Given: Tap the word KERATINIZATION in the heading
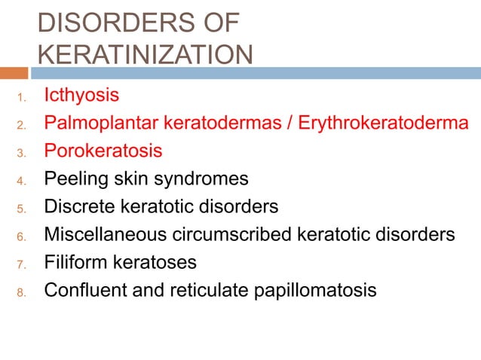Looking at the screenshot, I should (x=145, y=54).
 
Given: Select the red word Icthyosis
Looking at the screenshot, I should (x=81, y=96).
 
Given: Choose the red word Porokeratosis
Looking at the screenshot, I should (x=103, y=151).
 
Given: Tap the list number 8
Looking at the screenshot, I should (x=22, y=292).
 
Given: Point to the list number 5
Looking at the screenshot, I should (x=22, y=209).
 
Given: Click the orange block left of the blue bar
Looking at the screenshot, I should (x=14, y=73).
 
